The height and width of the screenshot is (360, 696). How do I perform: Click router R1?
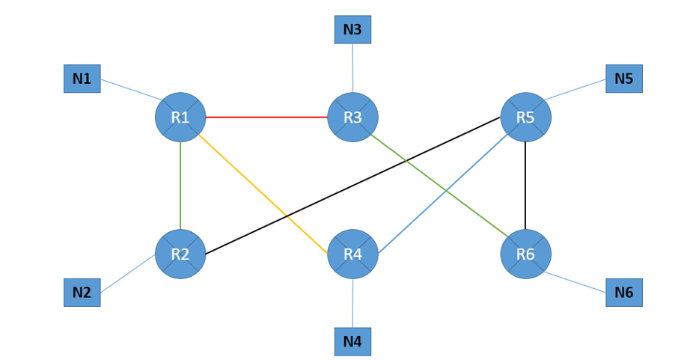click(180, 118)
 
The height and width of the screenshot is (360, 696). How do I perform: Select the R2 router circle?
click(180, 254)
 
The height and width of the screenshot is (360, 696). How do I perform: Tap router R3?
click(352, 118)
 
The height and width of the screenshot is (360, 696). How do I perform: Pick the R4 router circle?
click(352, 254)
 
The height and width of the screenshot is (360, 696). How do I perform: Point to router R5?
click(525, 118)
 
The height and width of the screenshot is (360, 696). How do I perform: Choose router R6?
click(525, 254)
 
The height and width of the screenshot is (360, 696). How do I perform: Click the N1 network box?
click(82, 78)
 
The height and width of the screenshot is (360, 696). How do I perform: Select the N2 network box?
click(82, 292)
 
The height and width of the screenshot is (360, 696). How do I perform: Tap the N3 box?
click(352, 29)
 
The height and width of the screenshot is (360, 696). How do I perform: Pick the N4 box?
click(352, 341)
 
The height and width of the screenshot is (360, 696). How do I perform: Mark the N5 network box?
click(623, 78)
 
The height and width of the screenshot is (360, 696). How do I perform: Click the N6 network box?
click(623, 292)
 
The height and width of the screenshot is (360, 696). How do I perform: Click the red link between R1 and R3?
click(266, 118)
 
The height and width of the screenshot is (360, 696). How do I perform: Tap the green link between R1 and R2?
click(180, 186)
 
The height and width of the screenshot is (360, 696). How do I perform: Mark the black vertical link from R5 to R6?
click(525, 186)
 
